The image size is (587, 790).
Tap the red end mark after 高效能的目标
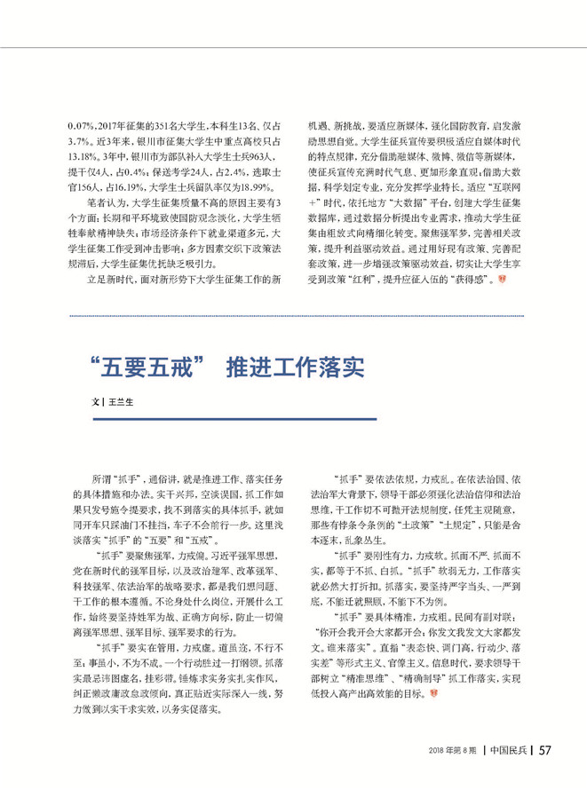(434, 691)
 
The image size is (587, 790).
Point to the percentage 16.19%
(132, 189)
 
